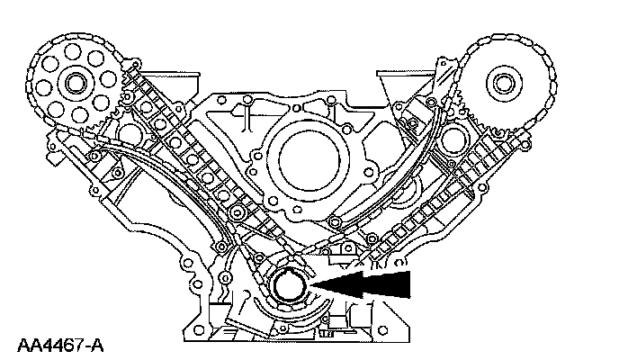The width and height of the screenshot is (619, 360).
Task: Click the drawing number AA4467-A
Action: coord(59,344)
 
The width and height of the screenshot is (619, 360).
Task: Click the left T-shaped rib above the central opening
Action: coord(242,112)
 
